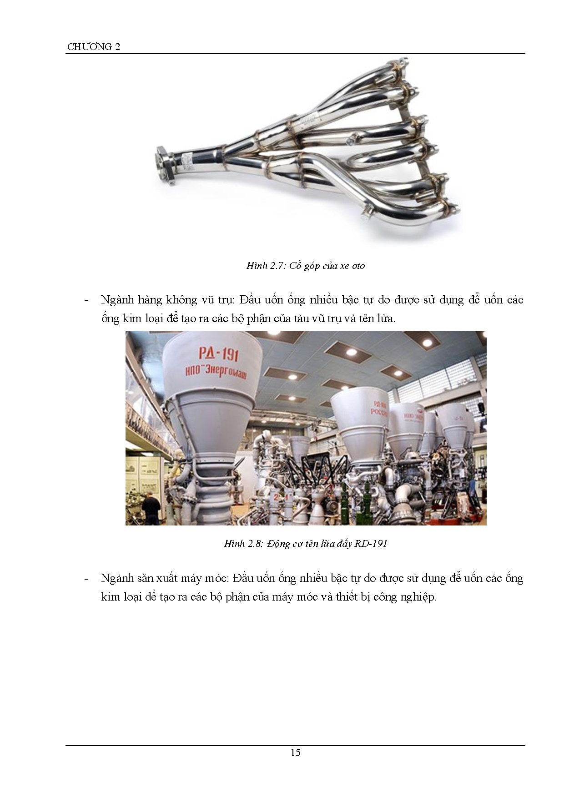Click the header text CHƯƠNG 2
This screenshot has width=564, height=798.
click(x=94, y=47)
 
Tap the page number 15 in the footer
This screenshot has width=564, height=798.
click(x=295, y=752)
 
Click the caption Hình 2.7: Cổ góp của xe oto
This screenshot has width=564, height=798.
click(x=306, y=266)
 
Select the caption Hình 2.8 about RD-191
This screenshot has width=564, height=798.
click(x=306, y=543)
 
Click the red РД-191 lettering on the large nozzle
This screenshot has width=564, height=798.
click(x=219, y=354)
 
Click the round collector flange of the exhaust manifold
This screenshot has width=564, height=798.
click(x=165, y=165)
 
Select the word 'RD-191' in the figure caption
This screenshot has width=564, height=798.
click(x=371, y=543)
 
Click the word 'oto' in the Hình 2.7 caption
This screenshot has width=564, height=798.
click(x=358, y=266)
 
